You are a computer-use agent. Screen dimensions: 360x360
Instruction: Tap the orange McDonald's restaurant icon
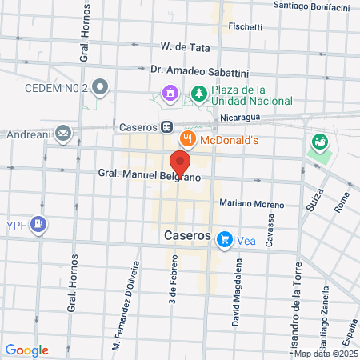pyautogui.click(x=189, y=138)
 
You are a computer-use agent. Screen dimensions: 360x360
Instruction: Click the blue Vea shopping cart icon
pyautogui.click(x=226, y=238)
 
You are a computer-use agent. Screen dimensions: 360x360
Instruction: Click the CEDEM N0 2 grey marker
pyautogui.click(x=100, y=86)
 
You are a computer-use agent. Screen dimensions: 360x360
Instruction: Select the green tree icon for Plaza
pyautogui.click(x=198, y=94)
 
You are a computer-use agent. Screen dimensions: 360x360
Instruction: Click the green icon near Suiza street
pyautogui.click(x=319, y=143)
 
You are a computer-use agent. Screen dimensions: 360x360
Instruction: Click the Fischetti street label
pyautogui.click(x=245, y=26)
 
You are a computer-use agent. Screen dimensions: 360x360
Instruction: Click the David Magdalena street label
pyautogui.click(x=237, y=282)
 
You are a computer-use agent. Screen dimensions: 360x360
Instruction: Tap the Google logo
pyautogui.click(x=26, y=350)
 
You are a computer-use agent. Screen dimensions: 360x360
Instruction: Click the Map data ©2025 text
pyautogui.click(x=325, y=354)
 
